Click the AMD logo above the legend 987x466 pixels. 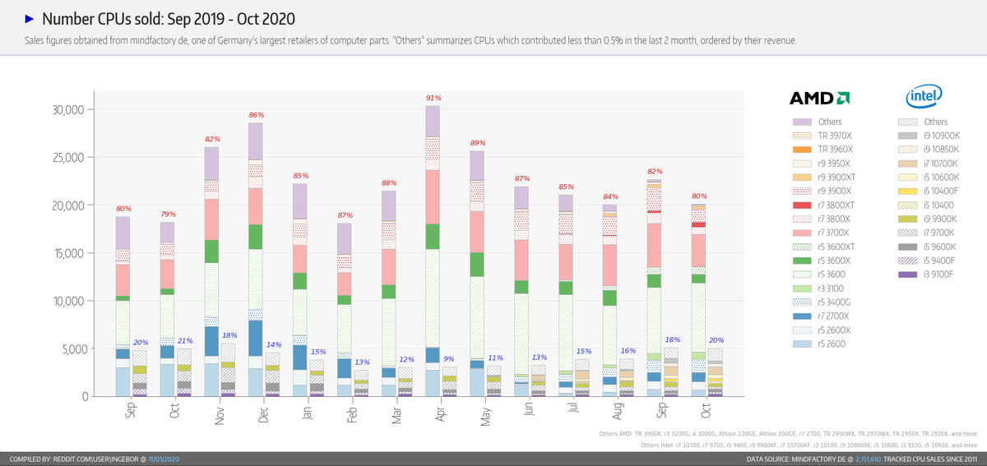(819, 99)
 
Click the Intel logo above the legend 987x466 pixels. (923, 97)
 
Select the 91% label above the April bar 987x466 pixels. (433, 98)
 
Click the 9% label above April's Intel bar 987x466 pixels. (449, 358)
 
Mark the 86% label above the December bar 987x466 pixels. (256, 115)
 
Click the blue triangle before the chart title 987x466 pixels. (29, 18)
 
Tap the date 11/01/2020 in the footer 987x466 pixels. (165, 459)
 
